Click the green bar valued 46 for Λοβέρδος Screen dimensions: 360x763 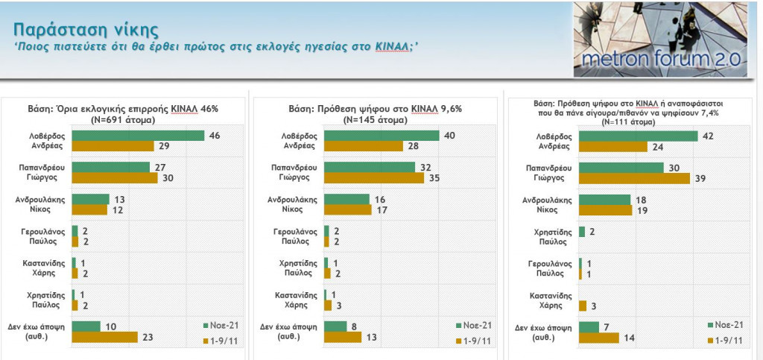[138, 136]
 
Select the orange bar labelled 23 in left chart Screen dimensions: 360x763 [104, 337]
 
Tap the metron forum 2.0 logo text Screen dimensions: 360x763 [659, 59]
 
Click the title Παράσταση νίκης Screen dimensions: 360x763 [86, 30]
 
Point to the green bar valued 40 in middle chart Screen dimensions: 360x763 [382, 136]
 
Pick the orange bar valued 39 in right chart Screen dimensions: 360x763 [627, 178]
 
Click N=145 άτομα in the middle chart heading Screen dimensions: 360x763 [375, 119]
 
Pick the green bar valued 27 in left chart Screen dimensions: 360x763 [110, 167]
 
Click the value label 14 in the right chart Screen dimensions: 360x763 [629, 338]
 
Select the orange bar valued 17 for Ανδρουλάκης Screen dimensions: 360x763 [348, 210]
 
